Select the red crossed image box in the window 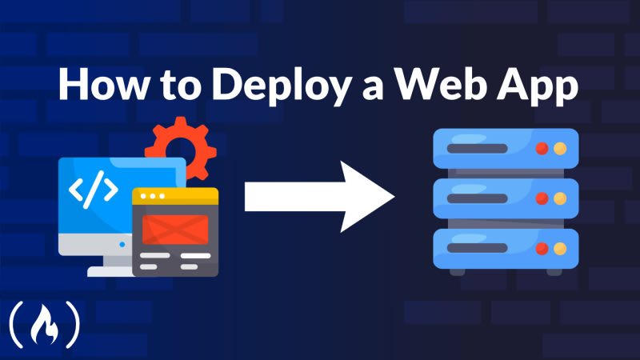[174, 229]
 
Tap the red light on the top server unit [542, 148]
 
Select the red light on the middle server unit [542, 198]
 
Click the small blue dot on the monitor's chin [122, 244]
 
